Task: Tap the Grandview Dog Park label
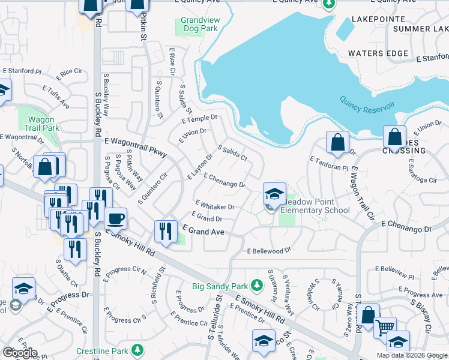pyautogui.click(x=199, y=24)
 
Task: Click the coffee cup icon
pyautogui.click(x=115, y=218)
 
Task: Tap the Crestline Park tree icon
pyautogui.click(x=138, y=349)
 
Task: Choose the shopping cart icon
pyautogui.click(x=385, y=328)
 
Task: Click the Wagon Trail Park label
pyautogui.click(x=43, y=124)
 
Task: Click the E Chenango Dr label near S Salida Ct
pyautogui.click(x=224, y=180)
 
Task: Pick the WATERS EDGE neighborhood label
pyautogui.click(x=378, y=53)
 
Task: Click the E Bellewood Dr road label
pyautogui.click(x=269, y=250)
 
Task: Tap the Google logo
pyautogui.click(x=20, y=353)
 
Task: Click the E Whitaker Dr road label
pyautogui.click(x=214, y=205)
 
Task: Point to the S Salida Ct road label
pyautogui.click(x=232, y=152)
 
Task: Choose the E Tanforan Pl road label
pyautogui.click(x=329, y=163)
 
